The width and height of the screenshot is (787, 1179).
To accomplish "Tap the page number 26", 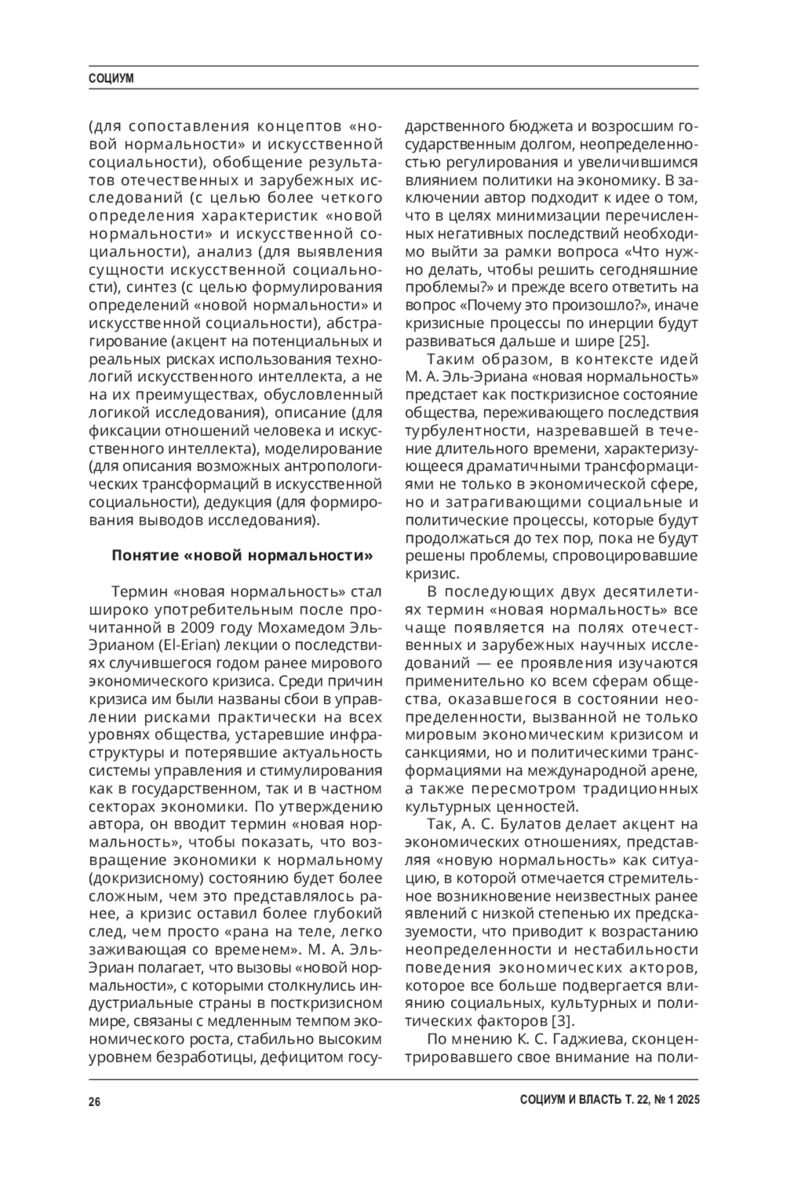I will tap(94, 1102).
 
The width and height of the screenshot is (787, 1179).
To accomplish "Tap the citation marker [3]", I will tap(562, 1021).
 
